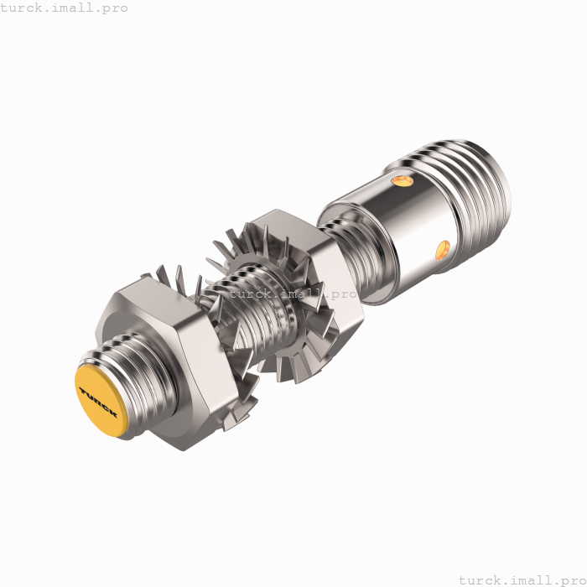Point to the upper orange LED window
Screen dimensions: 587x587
coord(403,180)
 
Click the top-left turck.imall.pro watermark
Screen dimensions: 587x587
coord(65,8)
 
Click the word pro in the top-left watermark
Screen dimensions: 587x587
coord(116,8)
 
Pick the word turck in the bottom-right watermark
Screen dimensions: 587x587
coord(480,579)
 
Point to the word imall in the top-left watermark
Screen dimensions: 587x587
coord(72,8)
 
